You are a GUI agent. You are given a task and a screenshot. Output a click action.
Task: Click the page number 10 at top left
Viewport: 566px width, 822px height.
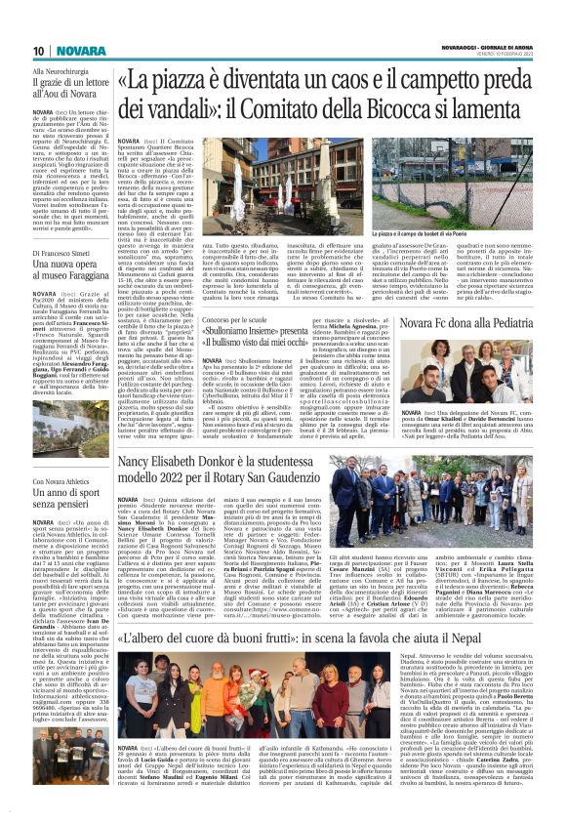14,51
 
